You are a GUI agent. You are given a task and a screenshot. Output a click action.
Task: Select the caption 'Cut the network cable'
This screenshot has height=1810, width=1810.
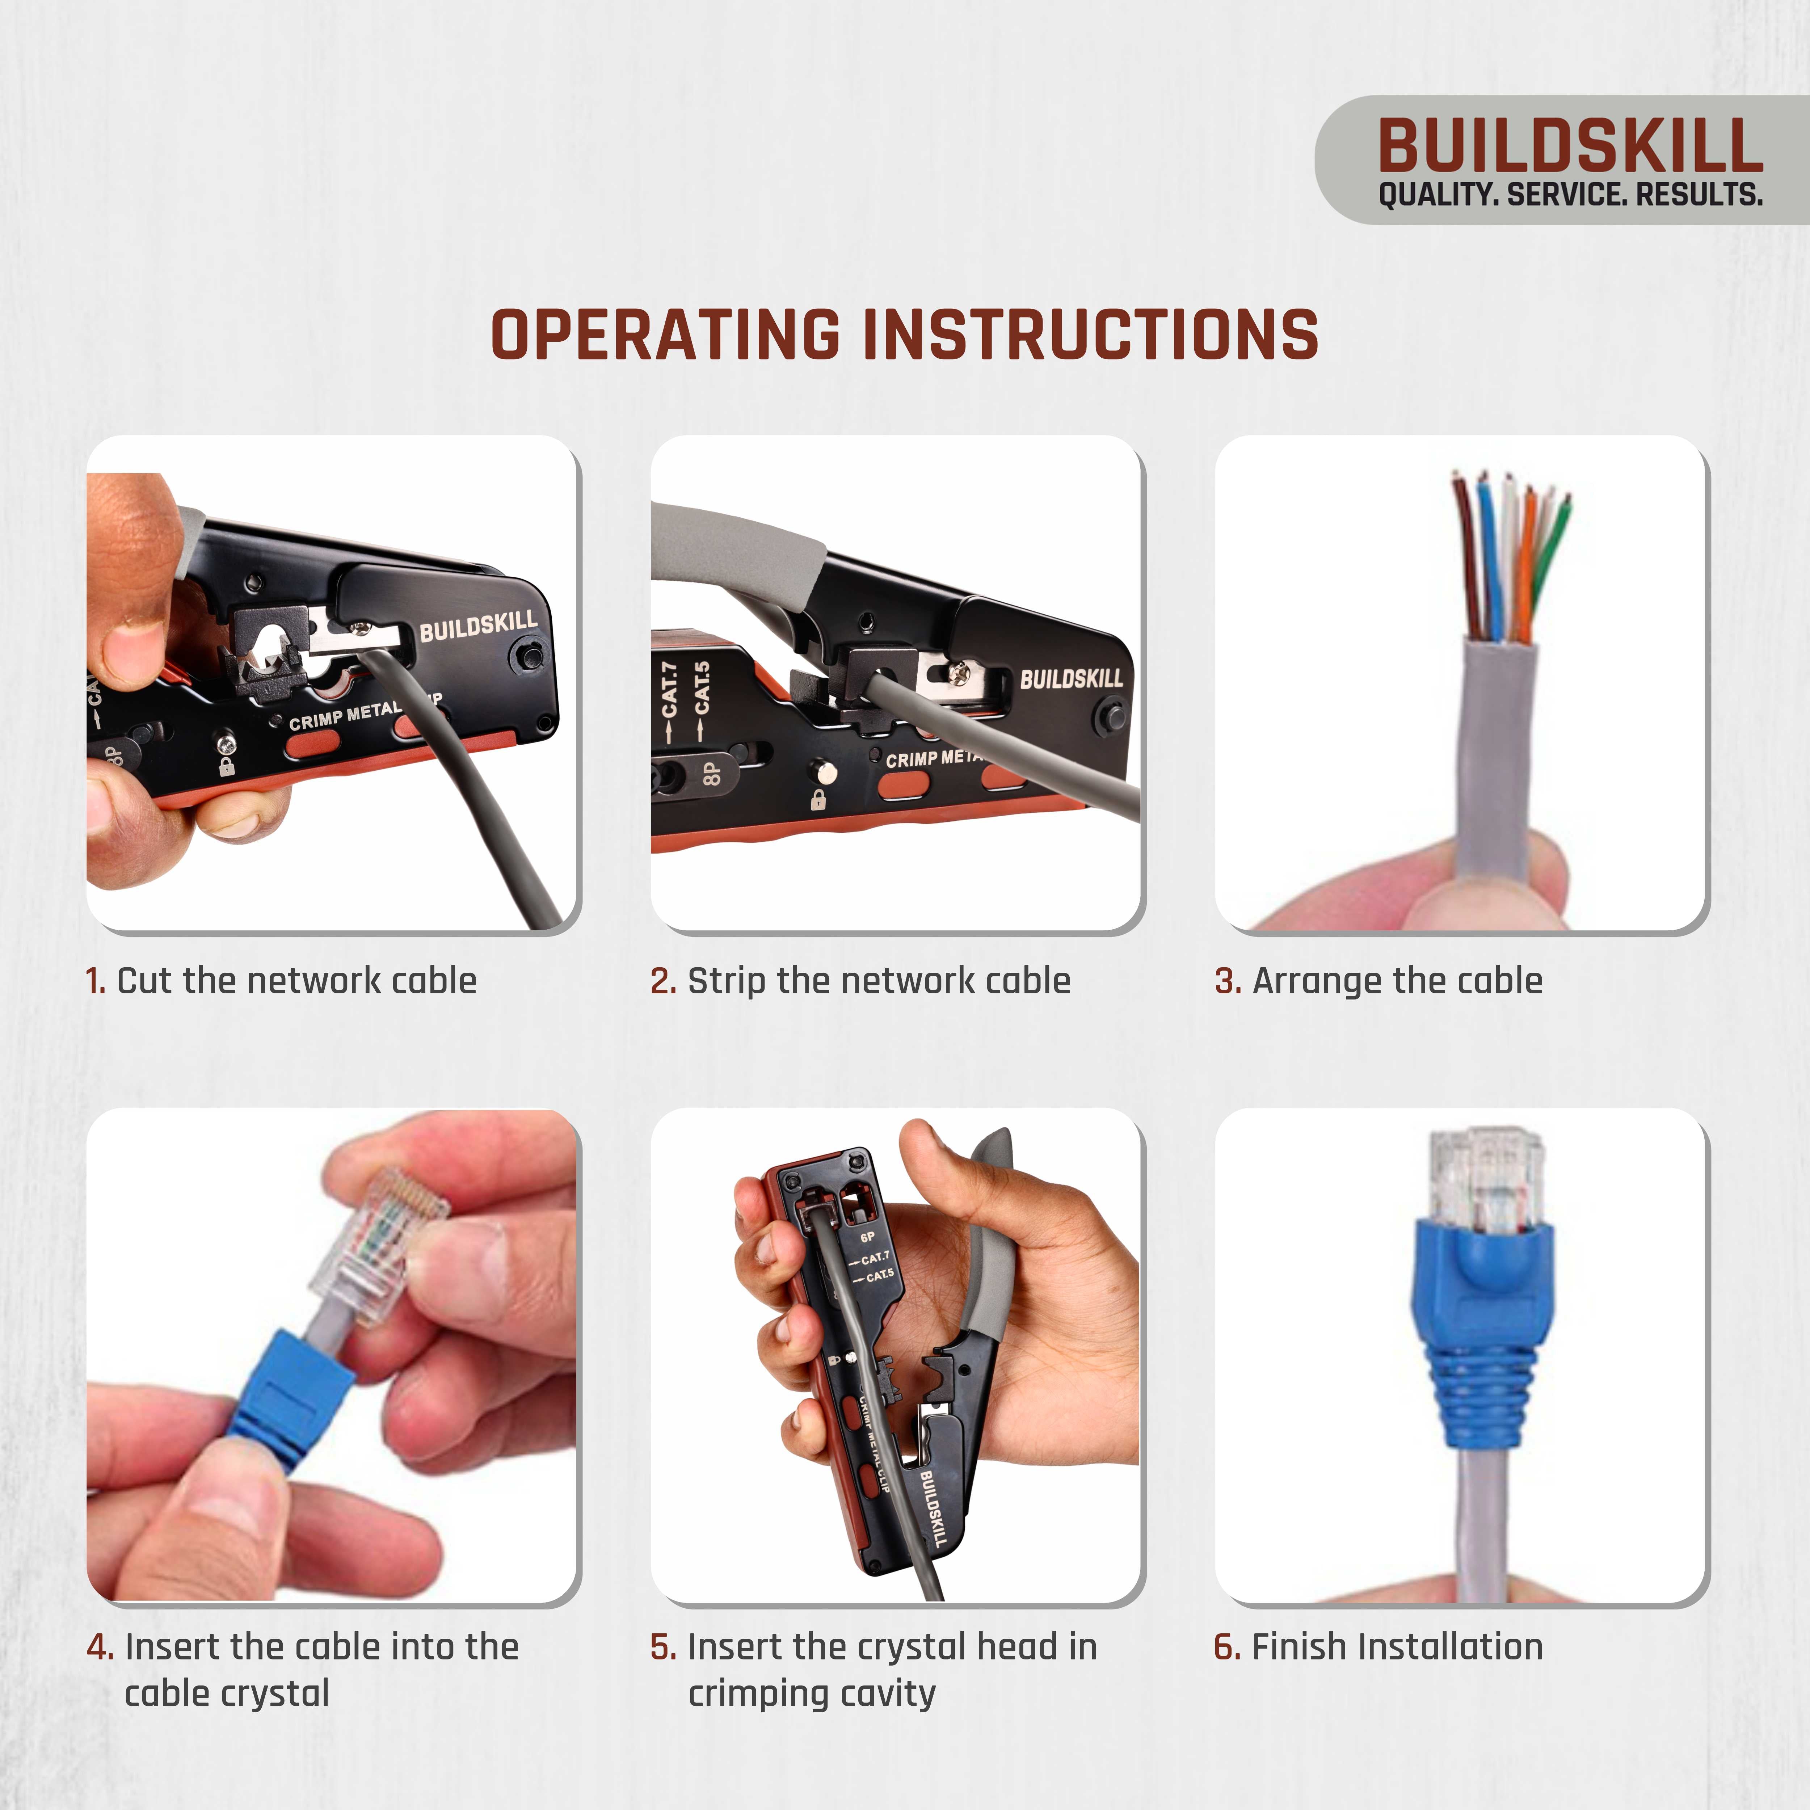click(296, 981)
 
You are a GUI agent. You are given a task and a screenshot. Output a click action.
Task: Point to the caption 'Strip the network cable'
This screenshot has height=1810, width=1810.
click(878, 981)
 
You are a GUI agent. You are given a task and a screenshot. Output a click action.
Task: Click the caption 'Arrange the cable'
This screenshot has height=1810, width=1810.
click(1396, 981)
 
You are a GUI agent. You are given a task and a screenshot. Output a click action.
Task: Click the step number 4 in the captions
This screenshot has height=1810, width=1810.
click(99, 1647)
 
